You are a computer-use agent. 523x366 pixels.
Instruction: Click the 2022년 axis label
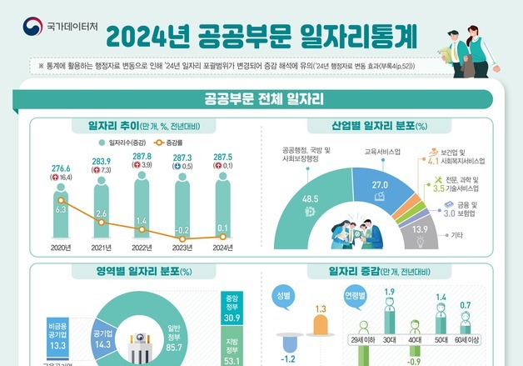142,248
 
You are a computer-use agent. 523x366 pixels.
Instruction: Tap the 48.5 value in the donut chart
311,199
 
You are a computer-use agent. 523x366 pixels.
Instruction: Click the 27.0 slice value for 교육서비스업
380,184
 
